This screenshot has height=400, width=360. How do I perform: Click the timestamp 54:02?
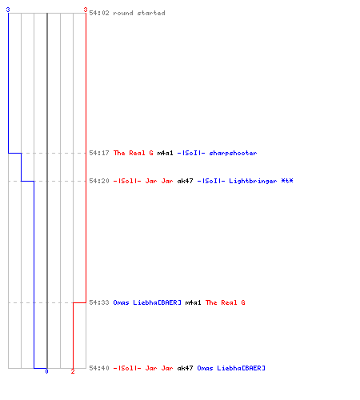[99, 13]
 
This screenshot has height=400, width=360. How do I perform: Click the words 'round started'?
[139, 13]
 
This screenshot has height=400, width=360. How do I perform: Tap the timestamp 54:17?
[99, 153]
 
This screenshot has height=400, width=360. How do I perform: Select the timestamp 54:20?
[99, 181]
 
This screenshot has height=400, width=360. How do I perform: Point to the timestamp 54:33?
[99, 302]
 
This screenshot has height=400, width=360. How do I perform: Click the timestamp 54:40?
[99, 368]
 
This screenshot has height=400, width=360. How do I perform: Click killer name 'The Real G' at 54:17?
[134, 153]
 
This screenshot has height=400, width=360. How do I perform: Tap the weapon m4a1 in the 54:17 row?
[165, 153]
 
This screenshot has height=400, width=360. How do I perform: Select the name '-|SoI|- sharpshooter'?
[217, 153]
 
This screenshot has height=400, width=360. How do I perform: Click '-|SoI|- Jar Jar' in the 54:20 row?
[143, 181]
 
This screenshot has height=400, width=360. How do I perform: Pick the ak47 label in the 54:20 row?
[185, 181]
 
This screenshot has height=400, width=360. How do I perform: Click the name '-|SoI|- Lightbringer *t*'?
[245, 181]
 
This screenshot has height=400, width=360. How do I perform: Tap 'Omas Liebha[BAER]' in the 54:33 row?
[147, 302]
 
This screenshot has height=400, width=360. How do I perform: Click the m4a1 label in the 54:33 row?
[193, 302]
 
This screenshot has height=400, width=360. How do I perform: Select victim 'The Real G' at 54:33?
[225, 302]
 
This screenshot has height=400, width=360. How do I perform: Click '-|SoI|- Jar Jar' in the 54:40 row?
[143, 368]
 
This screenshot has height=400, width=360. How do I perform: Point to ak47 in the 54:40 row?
[185, 368]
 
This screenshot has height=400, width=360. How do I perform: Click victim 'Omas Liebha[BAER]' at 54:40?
[231, 368]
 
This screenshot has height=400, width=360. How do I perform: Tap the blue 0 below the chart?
[46, 371]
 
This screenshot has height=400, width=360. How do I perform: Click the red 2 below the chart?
[73, 371]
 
